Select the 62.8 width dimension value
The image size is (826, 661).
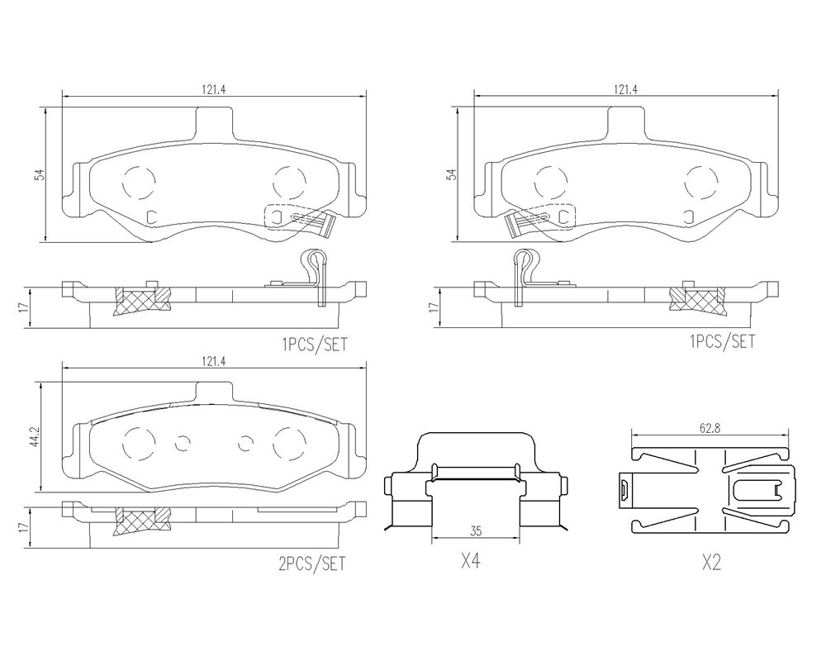(x=710, y=429)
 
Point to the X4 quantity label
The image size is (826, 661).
(x=471, y=562)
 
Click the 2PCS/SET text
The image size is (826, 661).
(x=311, y=564)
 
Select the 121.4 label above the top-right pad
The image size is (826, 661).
(x=625, y=89)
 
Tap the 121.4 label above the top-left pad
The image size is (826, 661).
(x=213, y=89)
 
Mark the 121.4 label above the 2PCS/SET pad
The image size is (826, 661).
(x=213, y=361)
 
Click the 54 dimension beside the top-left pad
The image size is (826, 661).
(x=39, y=175)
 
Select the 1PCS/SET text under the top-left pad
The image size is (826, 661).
(x=315, y=345)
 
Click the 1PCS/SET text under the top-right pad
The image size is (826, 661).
(x=722, y=341)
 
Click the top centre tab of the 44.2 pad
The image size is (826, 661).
(x=213, y=392)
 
